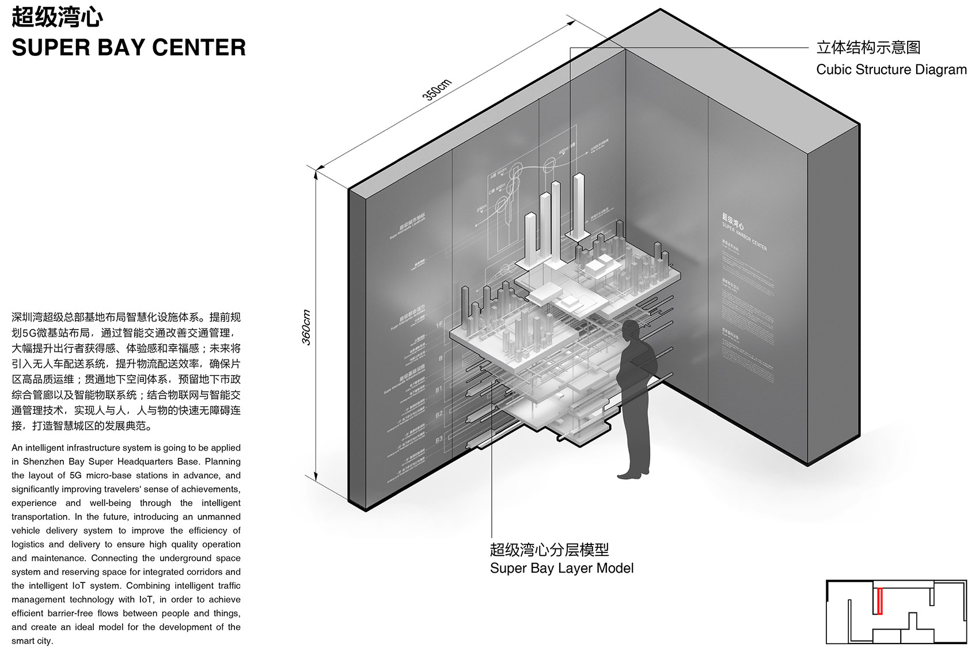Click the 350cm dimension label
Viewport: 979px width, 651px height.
(x=437, y=89)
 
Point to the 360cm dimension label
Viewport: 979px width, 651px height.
(x=306, y=327)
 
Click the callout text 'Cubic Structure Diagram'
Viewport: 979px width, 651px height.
(x=891, y=70)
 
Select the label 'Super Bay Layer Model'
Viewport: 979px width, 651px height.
(x=561, y=568)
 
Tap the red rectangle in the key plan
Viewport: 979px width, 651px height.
(x=879, y=601)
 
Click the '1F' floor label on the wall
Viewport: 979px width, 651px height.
(x=440, y=324)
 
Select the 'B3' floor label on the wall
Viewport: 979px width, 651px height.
(x=439, y=440)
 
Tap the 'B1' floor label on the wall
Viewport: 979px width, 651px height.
(x=439, y=389)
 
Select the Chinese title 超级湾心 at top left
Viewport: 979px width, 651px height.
(x=57, y=17)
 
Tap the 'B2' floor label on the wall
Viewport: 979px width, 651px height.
(x=439, y=414)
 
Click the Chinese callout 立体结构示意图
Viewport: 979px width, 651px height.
(x=868, y=47)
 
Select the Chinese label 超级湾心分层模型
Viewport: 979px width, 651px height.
(x=549, y=550)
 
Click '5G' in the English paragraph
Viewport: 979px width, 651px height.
(x=75, y=475)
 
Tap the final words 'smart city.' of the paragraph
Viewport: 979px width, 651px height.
(x=32, y=641)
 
